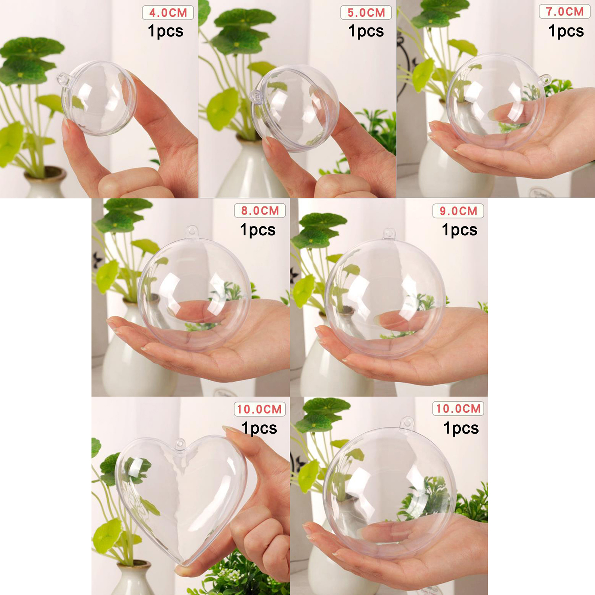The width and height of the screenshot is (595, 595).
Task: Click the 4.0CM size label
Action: [168, 13]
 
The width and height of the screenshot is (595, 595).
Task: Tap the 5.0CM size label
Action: [366, 13]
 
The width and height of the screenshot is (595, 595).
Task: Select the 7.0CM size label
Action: [565, 12]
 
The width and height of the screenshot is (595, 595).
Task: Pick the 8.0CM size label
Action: [260, 211]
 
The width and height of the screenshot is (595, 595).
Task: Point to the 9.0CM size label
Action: [458, 211]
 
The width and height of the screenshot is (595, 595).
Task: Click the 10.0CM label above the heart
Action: [260, 409]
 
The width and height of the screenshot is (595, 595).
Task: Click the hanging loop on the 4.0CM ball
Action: [64, 79]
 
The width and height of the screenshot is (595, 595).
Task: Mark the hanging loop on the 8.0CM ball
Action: [192, 231]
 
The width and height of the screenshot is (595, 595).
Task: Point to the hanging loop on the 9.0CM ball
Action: [389, 234]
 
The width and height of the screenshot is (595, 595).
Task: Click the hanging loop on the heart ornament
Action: [180, 444]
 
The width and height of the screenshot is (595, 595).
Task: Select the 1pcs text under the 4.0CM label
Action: [165, 31]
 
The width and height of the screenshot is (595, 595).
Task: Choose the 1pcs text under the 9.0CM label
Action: [460, 230]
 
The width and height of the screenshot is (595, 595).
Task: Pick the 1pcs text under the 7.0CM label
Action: [566, 31]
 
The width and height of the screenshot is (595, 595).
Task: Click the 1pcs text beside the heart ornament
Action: [259, 428]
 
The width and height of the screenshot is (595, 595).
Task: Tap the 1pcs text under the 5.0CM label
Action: [366, 31]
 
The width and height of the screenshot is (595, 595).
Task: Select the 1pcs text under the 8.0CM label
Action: [258, 230]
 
